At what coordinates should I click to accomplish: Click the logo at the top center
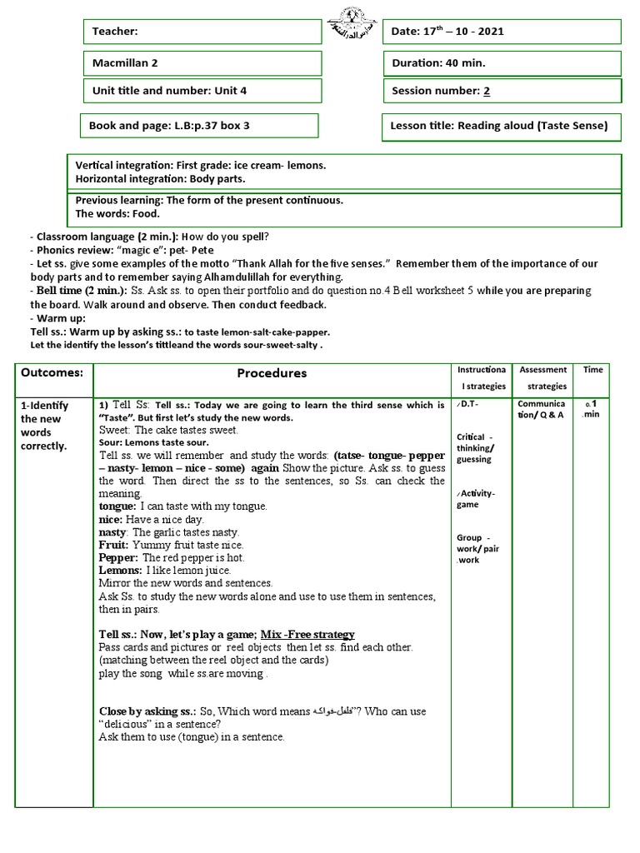click(352, 19)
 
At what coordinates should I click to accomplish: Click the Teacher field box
click(202, 32)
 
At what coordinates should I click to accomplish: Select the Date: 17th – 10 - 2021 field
click(501, 32)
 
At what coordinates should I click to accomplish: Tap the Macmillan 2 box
click(202, 63)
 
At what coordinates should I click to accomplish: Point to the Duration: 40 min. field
click(501, 62)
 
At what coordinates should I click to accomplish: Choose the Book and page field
click(199, 126)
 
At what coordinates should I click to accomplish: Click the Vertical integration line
click(201, 165)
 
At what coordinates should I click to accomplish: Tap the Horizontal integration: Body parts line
click(161, 178)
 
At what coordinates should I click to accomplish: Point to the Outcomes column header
click(52, 372)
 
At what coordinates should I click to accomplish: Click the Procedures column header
click(272, 373)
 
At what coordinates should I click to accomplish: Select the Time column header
click(592, 369)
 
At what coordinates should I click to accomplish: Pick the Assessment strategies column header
click(542, 377)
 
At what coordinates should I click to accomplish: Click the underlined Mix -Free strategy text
click(307, 635)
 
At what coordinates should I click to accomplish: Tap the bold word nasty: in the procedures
click(113, 532)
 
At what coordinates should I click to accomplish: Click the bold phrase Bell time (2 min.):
click(81, 290)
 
